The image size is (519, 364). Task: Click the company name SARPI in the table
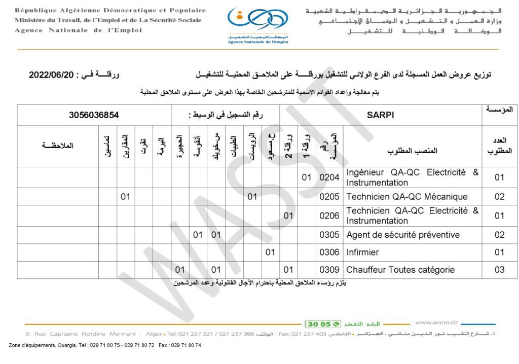coord(380,115)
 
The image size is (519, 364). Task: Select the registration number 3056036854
coord(94,115)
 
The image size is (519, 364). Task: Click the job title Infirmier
coord(362,252)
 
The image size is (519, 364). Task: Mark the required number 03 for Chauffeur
coord(499,270)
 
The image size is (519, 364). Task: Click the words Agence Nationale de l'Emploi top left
coord(78,30)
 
